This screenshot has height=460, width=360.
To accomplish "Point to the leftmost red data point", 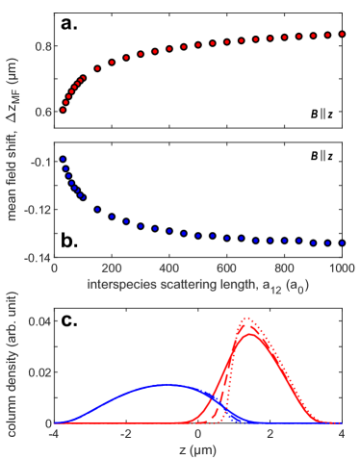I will [x=63, y=110].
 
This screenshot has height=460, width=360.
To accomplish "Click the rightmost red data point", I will [x=341, y=34].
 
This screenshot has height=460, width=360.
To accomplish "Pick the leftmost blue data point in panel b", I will [x=63, y=160].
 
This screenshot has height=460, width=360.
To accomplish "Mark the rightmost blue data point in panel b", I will [x=341, y=243].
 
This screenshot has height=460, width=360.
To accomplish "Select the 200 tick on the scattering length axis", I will [x=113, y=268].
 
